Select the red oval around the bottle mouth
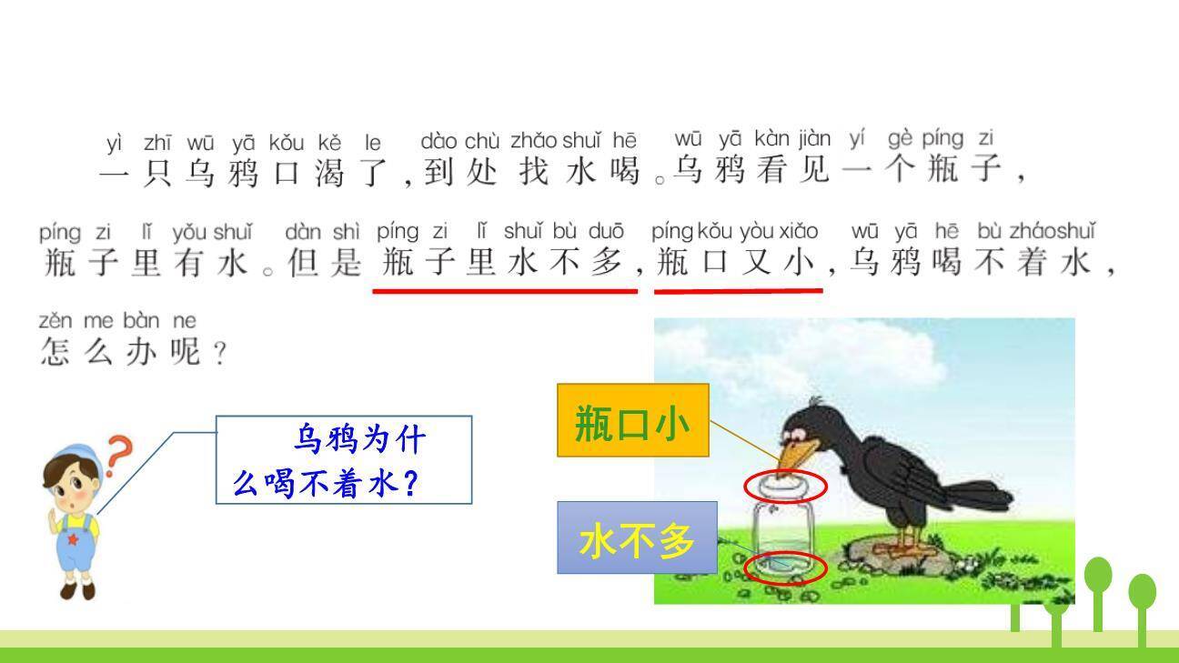point(785,486)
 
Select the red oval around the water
point(785,568)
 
